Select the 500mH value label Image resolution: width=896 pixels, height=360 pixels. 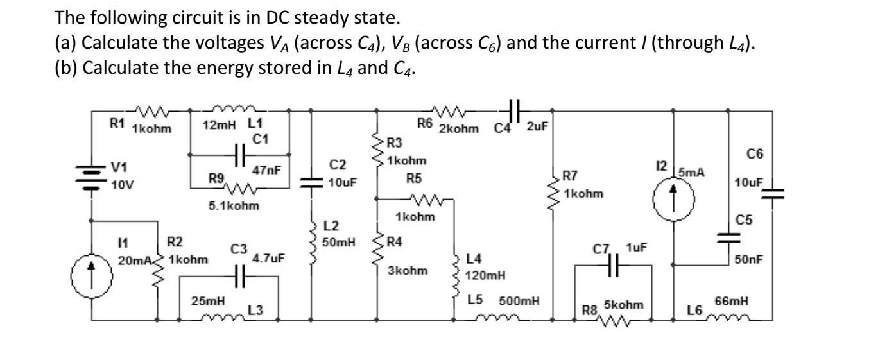tap(519, 300)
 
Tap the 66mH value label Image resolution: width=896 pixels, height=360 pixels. tap(732, 300)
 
